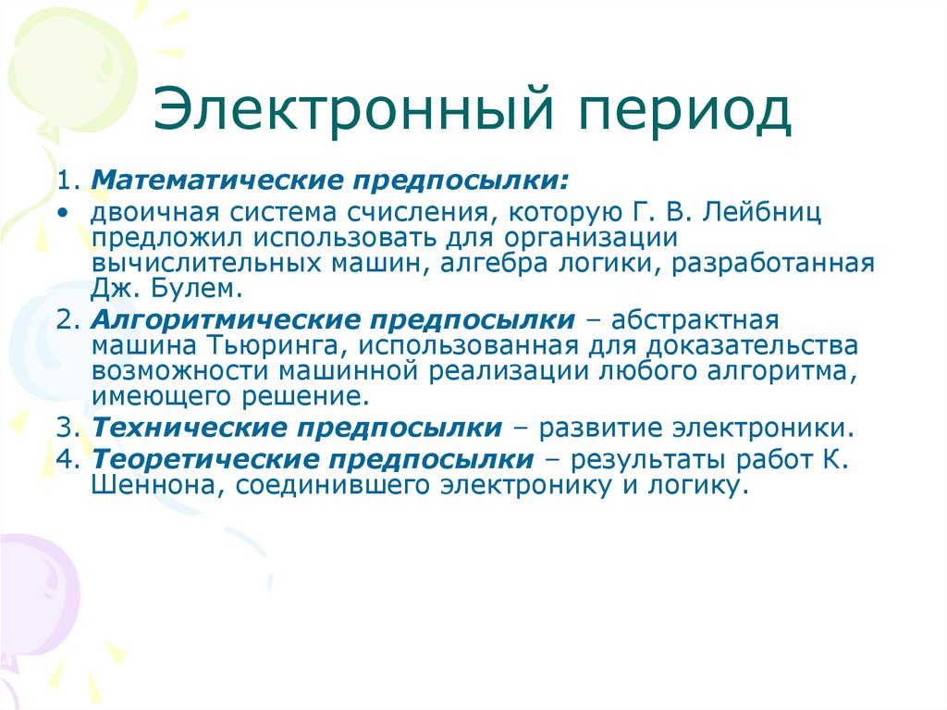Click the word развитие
click(598, 429)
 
